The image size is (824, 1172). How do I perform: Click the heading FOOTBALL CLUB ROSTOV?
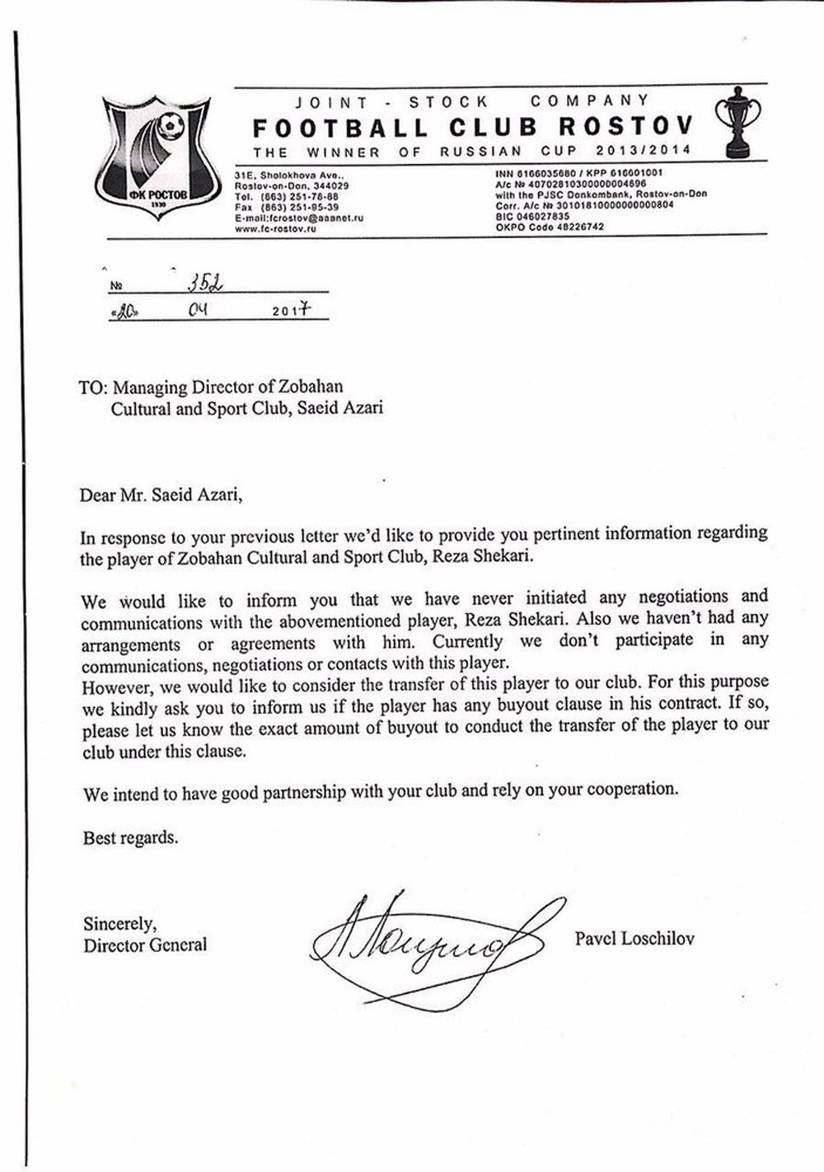pos(472,128)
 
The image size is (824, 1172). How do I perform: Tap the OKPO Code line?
pos(548,226)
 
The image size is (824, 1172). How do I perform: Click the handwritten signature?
pos(433,944)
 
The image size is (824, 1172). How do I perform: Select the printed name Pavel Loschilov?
pos(634,938)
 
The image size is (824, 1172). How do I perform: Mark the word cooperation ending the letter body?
pos(637,789)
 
